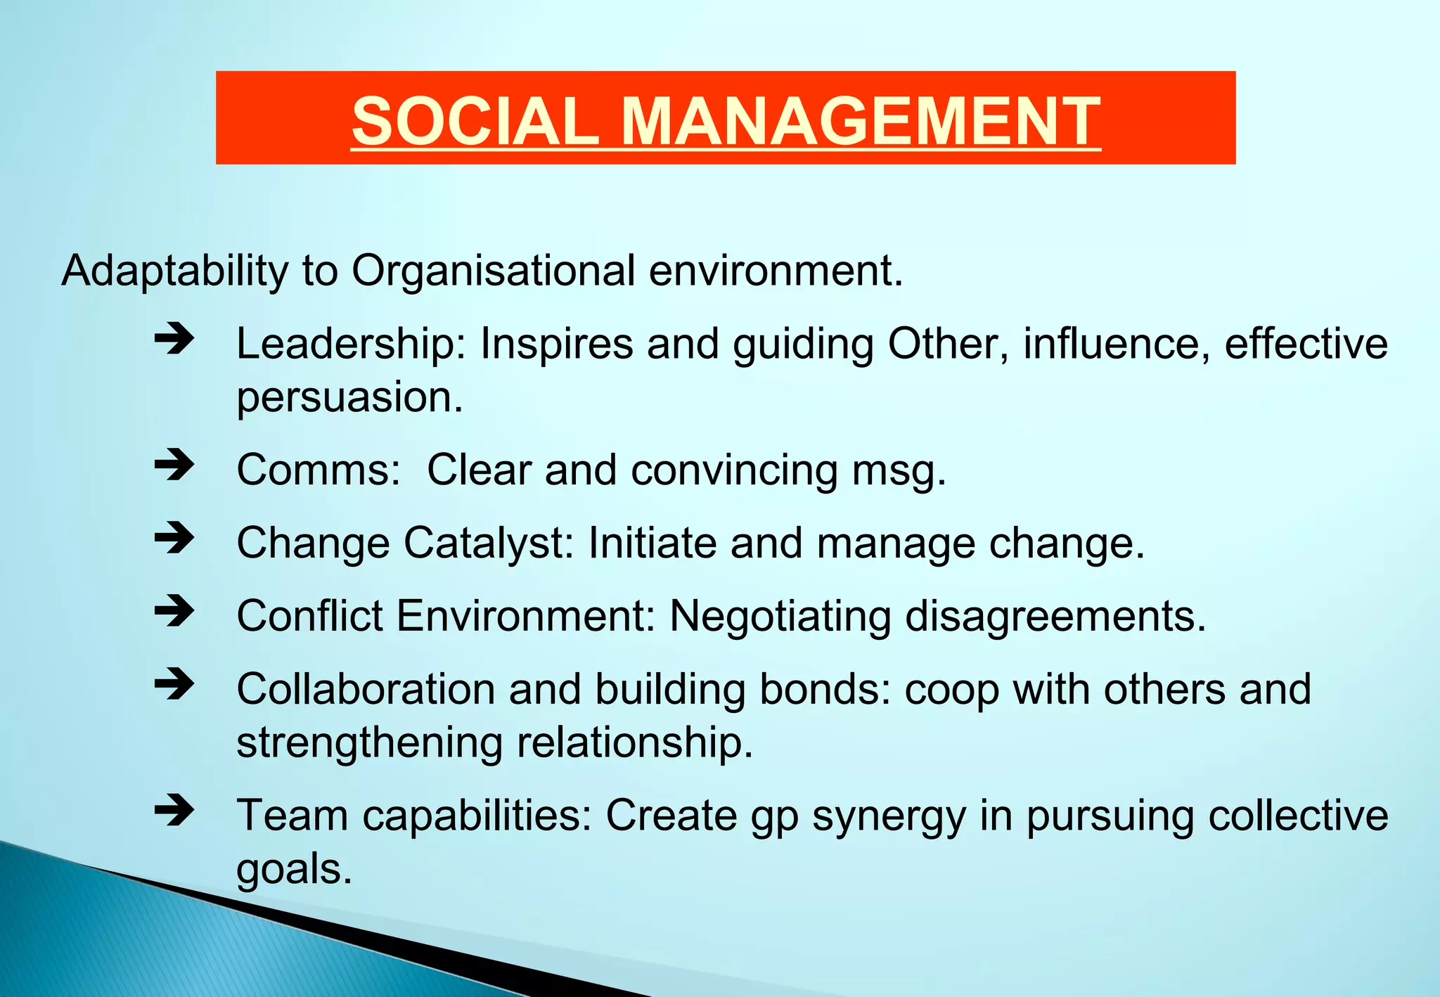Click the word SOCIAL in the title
tap(475, 121)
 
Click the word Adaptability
tap(175, 271)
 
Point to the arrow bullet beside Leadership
tap(174, 340)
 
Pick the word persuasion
tap(349, 398)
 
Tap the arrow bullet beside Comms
tap(174, 465)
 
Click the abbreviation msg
tap(899, 470)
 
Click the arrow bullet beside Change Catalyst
tap(174, 539)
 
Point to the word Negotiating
tap(780, 617)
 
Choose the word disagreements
tap(1055, 617)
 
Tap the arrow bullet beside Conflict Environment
tap(174, 611)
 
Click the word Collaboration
tap(366, 689)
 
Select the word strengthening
tap(369, 742)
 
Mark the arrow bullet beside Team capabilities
tap(174, 811)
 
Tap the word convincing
tap(734, 470)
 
